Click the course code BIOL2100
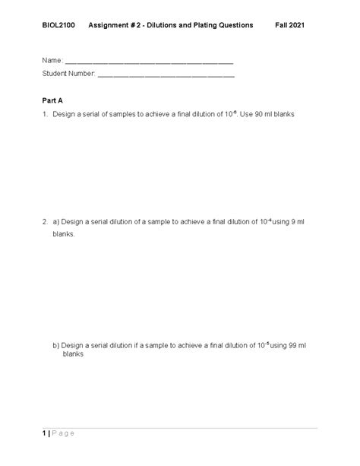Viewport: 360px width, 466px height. click(x=58, y=25)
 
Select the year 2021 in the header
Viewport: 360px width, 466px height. click(x=299, y=25)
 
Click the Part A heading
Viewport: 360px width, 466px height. click(x=54, y=100)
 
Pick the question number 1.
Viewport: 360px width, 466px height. click(x=45, y=114)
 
